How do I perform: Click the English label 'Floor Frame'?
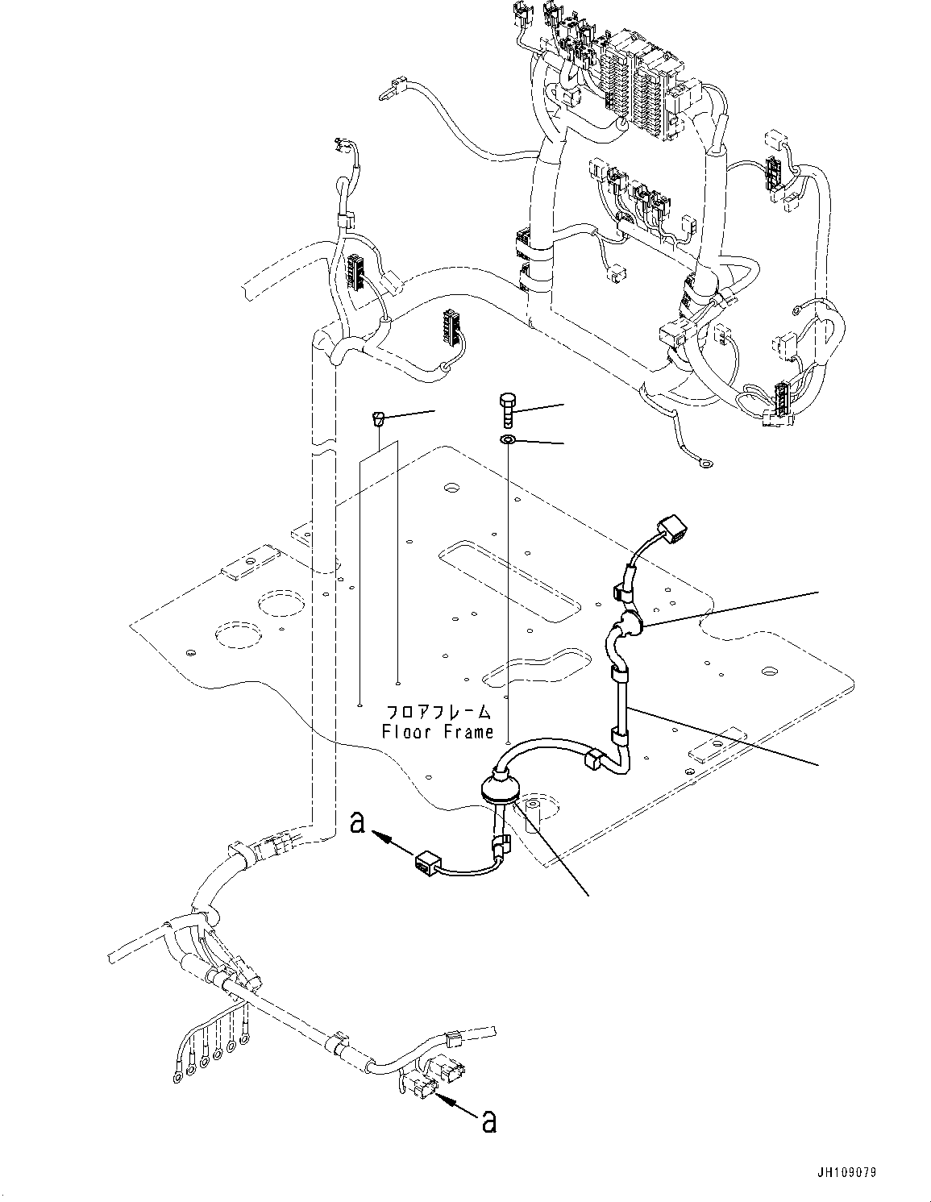(437, 732)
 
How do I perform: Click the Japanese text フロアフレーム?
(438, 712)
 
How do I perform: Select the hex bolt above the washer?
(507, 410)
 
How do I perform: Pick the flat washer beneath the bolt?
(508, 440)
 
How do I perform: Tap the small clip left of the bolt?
(377, 417)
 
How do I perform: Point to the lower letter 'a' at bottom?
(488, 1121)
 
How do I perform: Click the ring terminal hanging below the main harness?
(706, 463)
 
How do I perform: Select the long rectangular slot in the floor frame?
(509, 575)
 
